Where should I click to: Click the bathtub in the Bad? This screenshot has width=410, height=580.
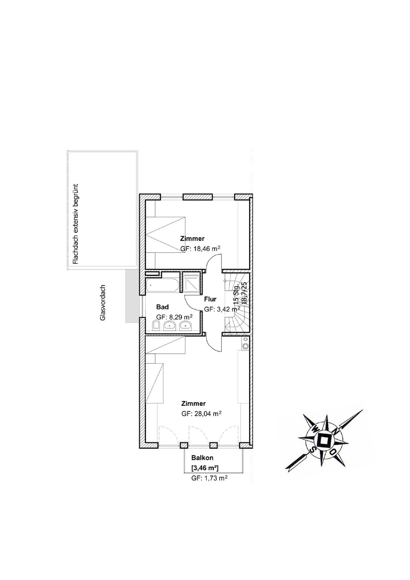click(162, 285)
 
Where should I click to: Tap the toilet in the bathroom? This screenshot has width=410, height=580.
click(156, 325)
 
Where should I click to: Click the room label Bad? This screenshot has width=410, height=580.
click(162, 307)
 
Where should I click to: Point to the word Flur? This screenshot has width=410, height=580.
click(210, 299)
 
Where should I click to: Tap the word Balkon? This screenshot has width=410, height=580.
click(202, 458)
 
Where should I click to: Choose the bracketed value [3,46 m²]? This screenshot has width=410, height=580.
click(205, 468)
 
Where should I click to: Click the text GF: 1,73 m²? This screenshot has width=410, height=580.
click(209, 478)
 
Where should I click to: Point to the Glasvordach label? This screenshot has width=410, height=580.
click(102, 302)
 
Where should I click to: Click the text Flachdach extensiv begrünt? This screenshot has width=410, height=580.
click(76, 224)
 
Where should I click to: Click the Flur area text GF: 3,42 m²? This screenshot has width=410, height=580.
click(222, 309)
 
